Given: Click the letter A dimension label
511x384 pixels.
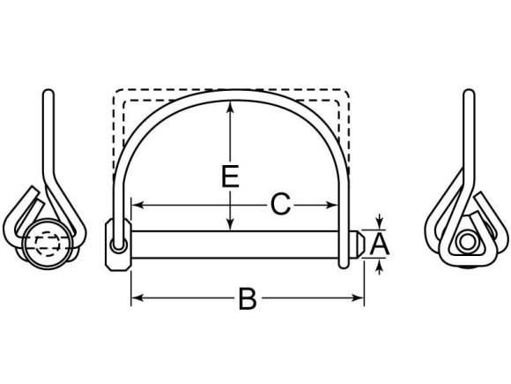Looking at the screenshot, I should point(379,243).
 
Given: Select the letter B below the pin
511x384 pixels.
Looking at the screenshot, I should point(248,299).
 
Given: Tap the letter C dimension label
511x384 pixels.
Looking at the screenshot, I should point(279,205).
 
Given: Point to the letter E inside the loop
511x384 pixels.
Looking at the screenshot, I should point(230,177).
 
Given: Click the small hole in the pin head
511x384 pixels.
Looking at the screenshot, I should point(115,248).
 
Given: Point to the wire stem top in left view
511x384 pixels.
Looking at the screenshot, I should point(48,94).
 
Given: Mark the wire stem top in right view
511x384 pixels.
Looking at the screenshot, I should point(466,94).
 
